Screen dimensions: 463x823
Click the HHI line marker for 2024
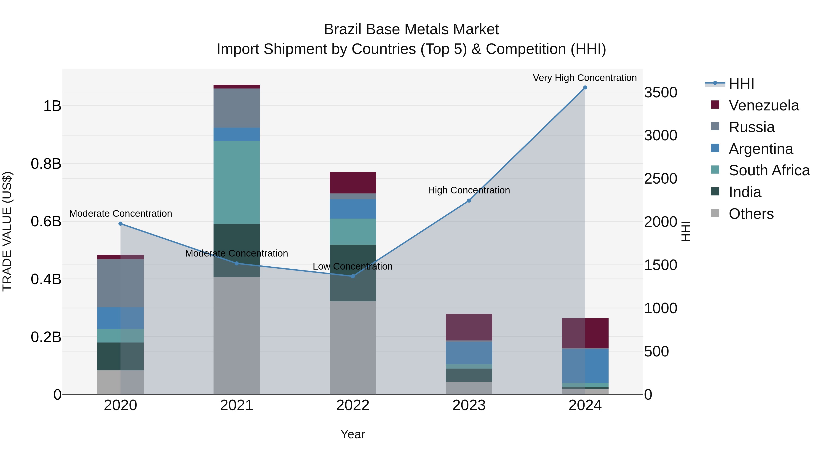(585, 88)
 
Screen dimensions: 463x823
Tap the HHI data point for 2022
(353, 276)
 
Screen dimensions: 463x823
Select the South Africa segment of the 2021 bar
(236, 182)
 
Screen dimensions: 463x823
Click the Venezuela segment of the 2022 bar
(353, 182)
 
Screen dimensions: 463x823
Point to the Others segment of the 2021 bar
(236, 335)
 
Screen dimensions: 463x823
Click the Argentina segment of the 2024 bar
(585, 366)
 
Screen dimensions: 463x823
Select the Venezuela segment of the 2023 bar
(469, 327)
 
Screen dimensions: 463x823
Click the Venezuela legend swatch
(715, 105)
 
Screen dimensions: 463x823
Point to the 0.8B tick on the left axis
(46, 164)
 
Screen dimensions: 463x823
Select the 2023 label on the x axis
(469, 405)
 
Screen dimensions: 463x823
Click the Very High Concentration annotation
(585, 78)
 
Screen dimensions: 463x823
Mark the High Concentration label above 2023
(469, 190)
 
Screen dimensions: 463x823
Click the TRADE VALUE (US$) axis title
(7, 231)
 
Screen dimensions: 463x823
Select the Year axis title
(353, 434)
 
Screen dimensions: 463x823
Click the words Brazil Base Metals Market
(411, 29)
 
